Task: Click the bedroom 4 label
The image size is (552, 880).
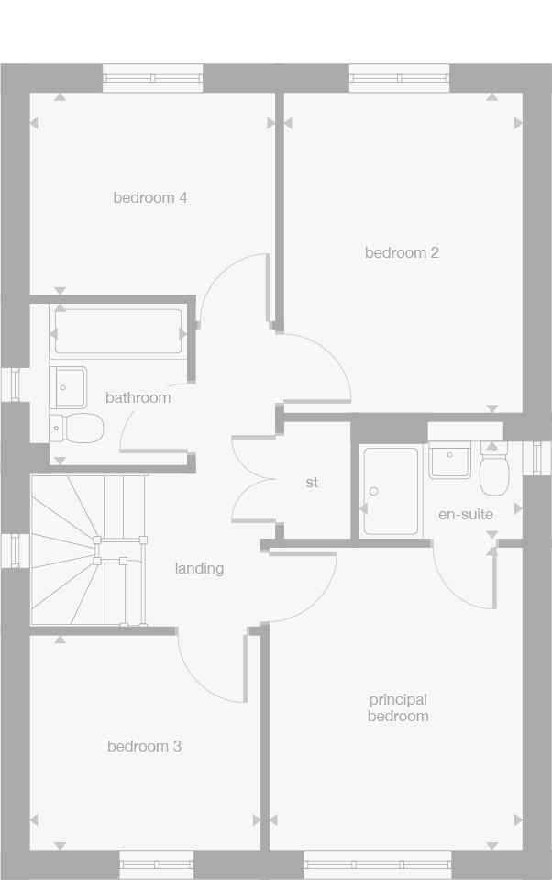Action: coord(150,197)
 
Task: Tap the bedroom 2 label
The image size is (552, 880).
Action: coord(402,252)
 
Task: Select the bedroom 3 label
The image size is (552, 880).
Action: coord(144,746)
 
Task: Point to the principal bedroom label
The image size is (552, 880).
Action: coord(398,707)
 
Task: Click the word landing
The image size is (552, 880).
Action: coord(199,568)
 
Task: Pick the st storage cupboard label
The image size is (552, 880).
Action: coord(312,482)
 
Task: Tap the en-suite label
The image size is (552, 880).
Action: coord(465,514)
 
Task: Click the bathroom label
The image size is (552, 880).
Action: coord(138,397)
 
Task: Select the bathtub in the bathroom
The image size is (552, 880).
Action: coord(118,331)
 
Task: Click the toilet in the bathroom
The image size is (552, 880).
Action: coord(77,427)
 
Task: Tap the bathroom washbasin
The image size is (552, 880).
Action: coord(69,386)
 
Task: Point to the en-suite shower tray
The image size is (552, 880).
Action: coord(391,491)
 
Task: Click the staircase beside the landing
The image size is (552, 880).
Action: coord(88,550)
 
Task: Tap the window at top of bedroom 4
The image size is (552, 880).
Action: coord(152,79)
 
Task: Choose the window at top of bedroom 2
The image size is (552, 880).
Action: coord(399,79)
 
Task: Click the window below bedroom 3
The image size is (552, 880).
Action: coord(157,863)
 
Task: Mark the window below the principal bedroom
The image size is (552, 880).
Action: coord(378,863)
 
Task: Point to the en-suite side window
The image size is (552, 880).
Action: coord(537,458)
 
